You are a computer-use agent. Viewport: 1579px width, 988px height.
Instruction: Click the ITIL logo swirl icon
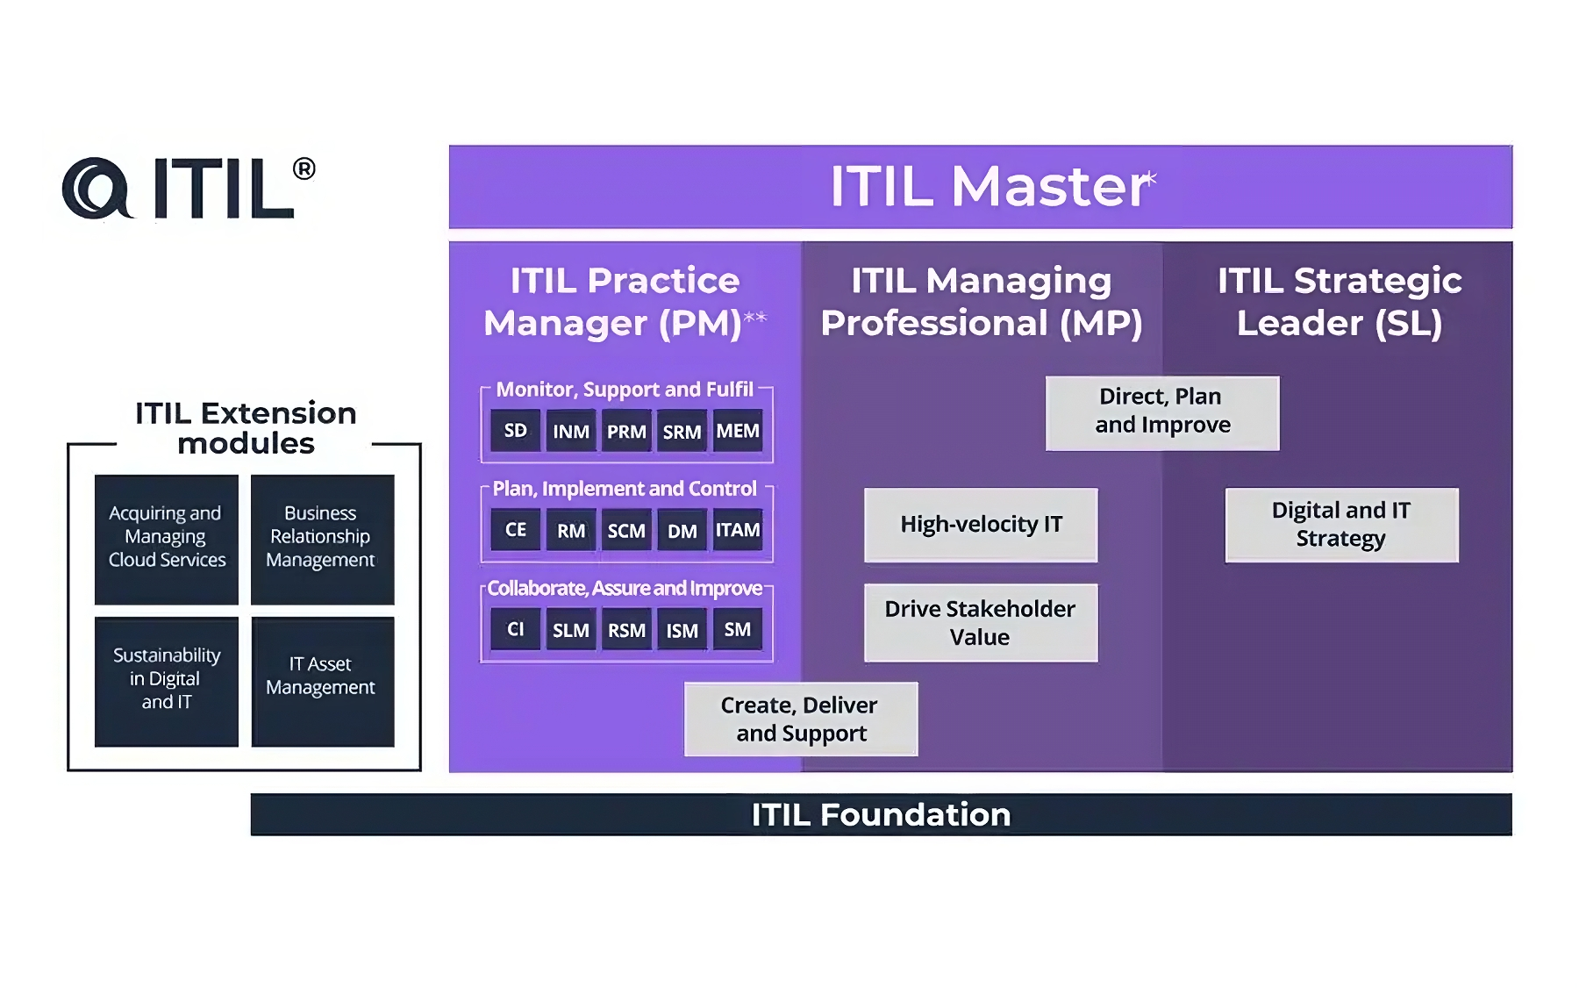pyautogui.click(x=96, y=188)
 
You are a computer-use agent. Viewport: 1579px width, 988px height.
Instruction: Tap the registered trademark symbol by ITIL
pyautogui.click(x=304, y=168)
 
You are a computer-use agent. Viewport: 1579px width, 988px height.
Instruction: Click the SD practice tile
pyautogui.click(x=515, y=430)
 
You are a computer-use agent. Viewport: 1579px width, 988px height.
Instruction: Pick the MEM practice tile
pyautogui.click(x=737, y=431)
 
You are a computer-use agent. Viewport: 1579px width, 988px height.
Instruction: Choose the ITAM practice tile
pyautogui.click(x=737, y=530)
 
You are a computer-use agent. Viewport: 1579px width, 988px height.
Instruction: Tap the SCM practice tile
pyautogui.click(x=626, y=531)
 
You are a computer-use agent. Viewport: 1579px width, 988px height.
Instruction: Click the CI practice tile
pyautogui.click(x=515, y=629)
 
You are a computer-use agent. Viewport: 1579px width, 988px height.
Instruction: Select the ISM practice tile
pyautogui.click(x=682, y=630)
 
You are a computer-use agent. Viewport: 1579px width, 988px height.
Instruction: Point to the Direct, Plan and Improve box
pyautogui.click(x=1162, y=412)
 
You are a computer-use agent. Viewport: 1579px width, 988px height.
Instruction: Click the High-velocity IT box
pyautogui.click(x=981, y=525)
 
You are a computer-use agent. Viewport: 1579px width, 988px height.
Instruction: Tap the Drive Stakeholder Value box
pyautogui.click(x=981, y=623)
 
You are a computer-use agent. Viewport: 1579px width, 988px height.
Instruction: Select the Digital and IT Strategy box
pyautogui.click(x=1341, y=525)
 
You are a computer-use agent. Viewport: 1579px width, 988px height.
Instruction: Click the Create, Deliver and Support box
pyautogui.click(x=801, y=720)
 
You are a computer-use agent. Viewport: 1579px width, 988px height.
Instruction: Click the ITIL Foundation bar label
pyautogui.click(x=881, y=814)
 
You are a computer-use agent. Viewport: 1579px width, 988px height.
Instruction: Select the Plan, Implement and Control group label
pyautogui.click(x=624, y=489)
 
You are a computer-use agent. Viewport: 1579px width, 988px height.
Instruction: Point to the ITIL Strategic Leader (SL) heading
pyautogui.click(x=1339, y=302)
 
